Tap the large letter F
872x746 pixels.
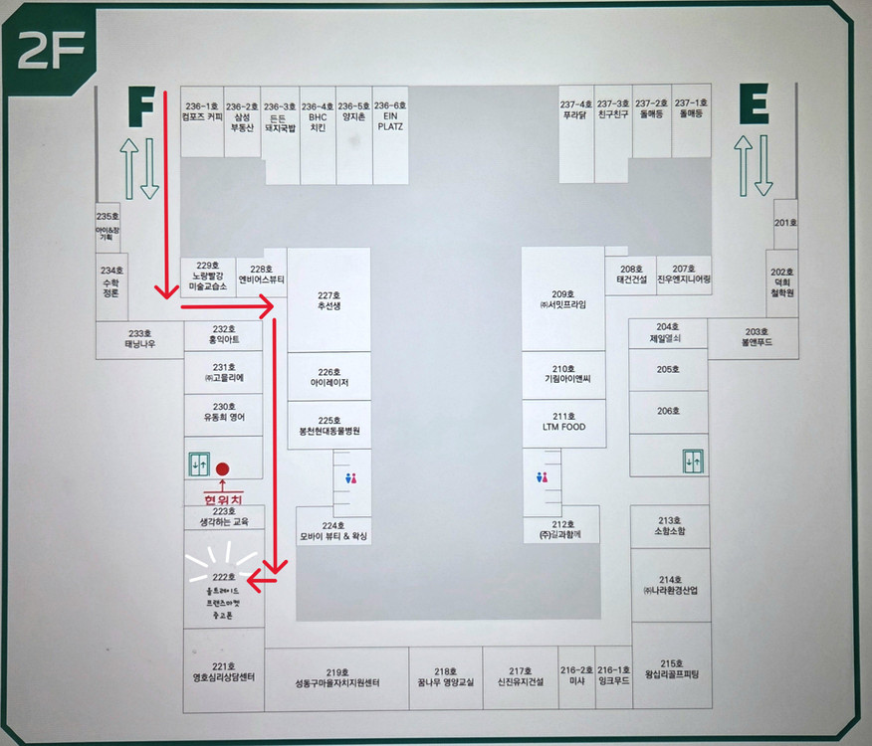click(x=140, y=106)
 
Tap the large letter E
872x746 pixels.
click(x=754, y=105)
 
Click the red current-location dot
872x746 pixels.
click(x=223, y=468)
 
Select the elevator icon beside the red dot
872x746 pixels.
click(x=199, y=465)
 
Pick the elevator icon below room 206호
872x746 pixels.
click(x=693, y=461)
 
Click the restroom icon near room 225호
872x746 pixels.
click(x=349, y=478)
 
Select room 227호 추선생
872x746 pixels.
click(x=328, y=300)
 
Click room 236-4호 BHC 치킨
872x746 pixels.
click(x=318, y=117)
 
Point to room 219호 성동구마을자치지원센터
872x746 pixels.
click(x=337, y=677)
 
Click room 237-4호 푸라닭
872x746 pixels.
click(x=576, y=109)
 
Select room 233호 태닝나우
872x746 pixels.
click(x=139, y=338)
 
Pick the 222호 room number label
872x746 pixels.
click(x=224, y=577)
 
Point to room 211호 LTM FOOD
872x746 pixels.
click(x=563, y=422)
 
